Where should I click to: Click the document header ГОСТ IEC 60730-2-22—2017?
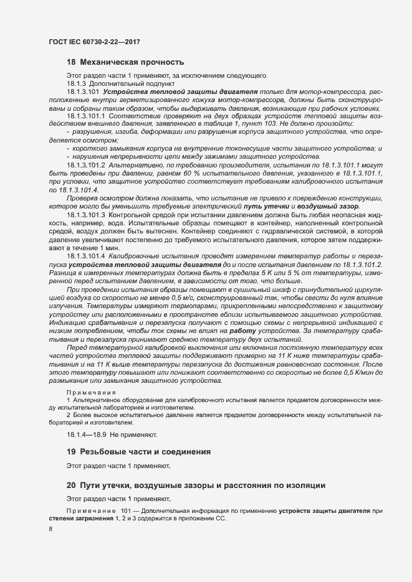(93, 42)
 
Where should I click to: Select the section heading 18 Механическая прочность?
(125, 62)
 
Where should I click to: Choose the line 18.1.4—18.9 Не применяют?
(112, 433)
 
